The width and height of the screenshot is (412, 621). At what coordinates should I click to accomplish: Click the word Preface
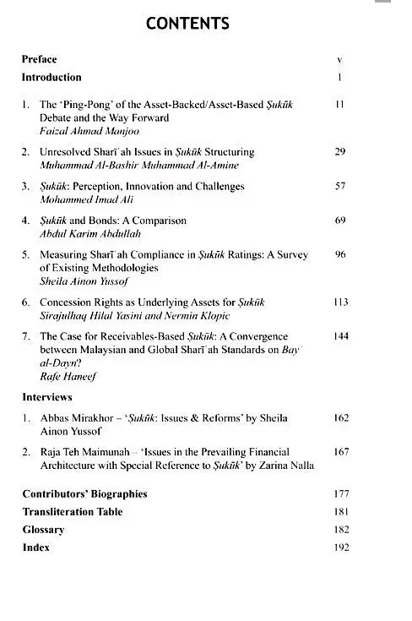pos(40,59)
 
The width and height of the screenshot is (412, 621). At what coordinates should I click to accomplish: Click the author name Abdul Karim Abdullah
pos(88,235)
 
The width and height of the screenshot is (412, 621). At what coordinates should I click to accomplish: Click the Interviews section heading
pos(47,396)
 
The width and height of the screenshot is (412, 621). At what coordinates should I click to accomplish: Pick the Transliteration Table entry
pos(73,511)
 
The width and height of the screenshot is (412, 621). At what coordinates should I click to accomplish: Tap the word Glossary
pos(43,529)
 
